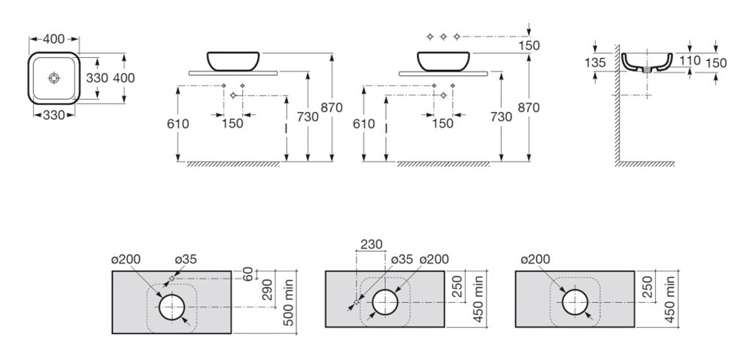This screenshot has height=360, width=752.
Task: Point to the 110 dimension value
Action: [690, 60]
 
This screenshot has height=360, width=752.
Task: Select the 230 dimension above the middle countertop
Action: [371, 244]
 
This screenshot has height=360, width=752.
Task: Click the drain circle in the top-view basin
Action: [54, 77]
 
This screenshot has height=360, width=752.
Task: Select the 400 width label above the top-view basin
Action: [53, 39]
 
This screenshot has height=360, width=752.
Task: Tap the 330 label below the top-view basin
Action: [53, 115]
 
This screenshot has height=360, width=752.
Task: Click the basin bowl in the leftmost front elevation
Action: [233, 61]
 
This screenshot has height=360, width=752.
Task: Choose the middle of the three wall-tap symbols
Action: [444, 36]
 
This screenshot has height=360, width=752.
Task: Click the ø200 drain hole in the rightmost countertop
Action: [575, 304]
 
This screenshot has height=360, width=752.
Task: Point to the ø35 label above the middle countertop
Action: [402, 259]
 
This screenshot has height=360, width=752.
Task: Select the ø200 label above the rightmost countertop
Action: [535, 259]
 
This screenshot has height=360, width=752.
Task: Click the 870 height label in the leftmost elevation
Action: [332, 108]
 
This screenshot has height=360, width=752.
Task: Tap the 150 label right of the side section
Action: [716, 63]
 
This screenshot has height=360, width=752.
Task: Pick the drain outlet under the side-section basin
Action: [647, 71]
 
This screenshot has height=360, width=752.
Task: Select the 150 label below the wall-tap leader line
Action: [529, 46]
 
